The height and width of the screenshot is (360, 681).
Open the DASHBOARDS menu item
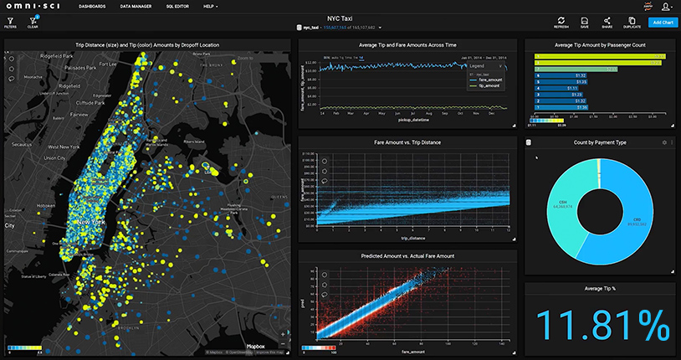coord(93,6)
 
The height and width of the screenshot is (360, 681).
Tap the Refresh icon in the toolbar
coord(561,22)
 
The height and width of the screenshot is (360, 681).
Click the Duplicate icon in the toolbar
coord(632,22)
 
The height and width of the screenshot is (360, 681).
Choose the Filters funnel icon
coord(10,22)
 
